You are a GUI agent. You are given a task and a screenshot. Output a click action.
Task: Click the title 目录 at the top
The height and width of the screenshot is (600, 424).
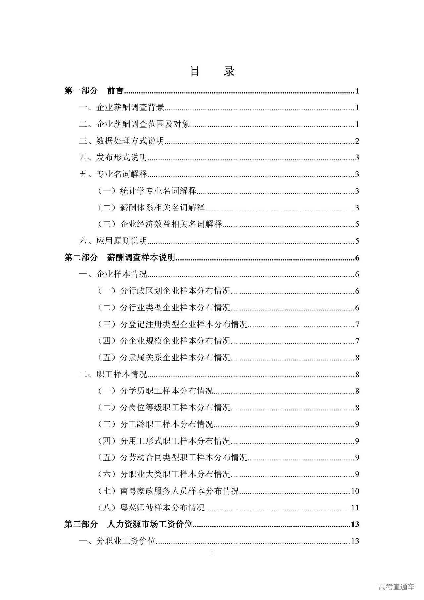212,71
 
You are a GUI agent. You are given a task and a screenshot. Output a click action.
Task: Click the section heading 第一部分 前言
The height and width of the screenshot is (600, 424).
94,91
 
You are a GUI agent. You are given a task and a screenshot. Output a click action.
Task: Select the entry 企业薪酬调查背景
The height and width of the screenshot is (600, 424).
130,107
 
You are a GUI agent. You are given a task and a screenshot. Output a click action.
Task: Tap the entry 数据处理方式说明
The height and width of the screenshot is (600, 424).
130,141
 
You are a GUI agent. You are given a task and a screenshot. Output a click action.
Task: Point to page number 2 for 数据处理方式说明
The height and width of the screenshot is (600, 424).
357,141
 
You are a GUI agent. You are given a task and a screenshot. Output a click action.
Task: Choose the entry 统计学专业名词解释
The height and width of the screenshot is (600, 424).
158,191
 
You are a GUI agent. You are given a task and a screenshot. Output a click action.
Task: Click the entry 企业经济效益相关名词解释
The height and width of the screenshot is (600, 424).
171,224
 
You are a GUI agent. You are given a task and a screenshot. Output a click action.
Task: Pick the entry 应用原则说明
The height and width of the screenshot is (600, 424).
122,241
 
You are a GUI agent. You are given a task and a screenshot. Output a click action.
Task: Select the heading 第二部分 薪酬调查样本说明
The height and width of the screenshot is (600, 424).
120,258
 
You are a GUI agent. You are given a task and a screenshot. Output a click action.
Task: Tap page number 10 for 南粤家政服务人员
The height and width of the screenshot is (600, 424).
355,491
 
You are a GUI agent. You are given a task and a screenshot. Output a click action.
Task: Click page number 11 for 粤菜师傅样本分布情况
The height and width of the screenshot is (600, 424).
355,508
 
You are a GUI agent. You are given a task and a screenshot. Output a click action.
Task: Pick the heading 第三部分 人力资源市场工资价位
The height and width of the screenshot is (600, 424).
128,524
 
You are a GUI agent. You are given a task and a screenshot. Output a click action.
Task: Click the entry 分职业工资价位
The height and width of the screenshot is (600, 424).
126,541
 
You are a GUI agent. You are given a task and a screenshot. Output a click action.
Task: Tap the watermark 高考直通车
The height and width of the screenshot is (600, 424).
396,587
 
